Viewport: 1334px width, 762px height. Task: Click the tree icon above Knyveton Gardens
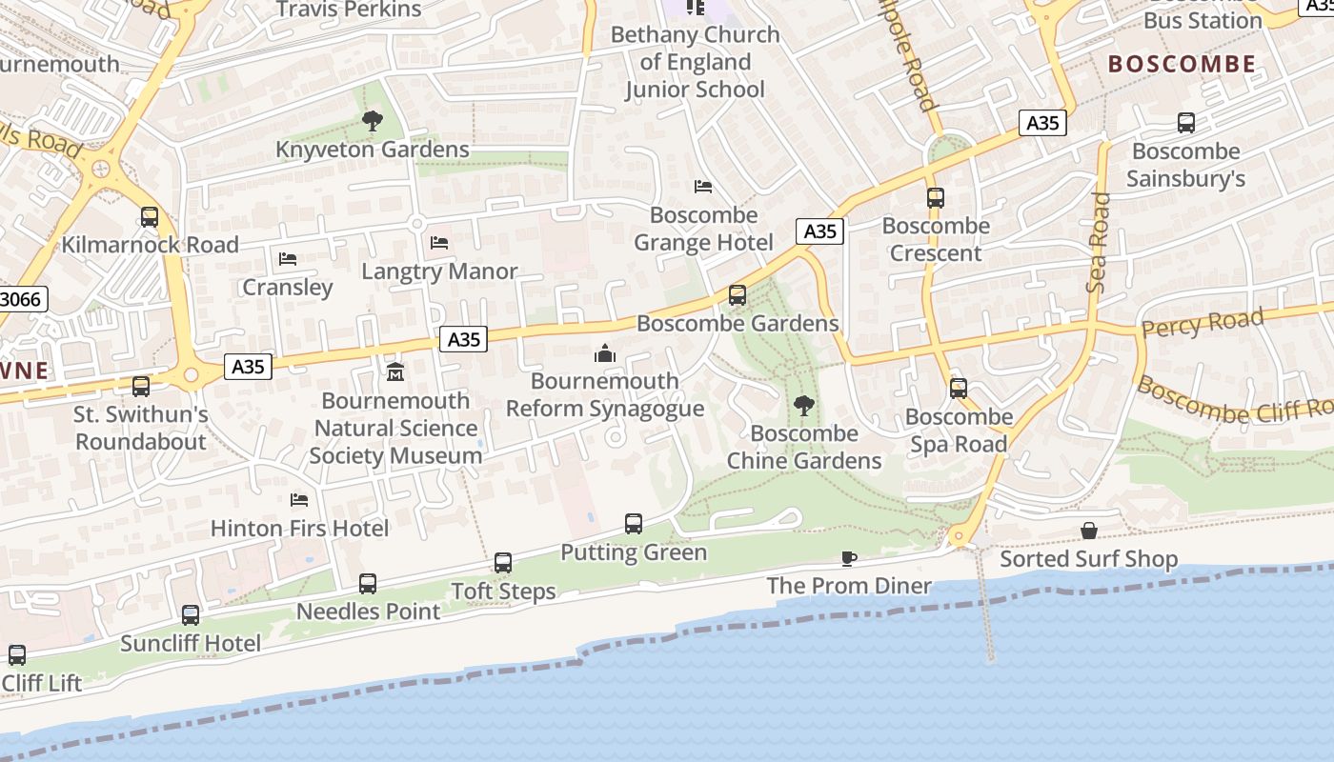[372, 121]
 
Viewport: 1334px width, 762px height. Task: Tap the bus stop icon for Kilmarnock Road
[150, 216]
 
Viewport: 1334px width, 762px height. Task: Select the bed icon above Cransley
[288, 259]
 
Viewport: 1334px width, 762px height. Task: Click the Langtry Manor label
[439, 271]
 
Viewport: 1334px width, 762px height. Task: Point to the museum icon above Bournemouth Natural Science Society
[395, 371]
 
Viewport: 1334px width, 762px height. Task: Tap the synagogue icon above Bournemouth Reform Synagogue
[604, 354]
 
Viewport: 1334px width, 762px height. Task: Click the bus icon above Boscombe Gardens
[738, 295]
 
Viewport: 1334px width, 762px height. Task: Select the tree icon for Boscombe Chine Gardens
[804, 406]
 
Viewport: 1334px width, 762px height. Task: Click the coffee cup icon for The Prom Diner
[849, 558]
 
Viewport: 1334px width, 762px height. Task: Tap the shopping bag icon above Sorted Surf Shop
[1089, 531]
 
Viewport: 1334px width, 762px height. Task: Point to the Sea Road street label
[1099, 242]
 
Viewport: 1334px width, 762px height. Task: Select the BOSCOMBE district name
[1182, 64]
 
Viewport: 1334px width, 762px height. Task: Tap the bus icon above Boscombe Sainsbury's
[1186, 123]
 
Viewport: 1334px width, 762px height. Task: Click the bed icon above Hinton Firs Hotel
[299, 500]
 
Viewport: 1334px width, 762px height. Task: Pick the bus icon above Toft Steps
[503, 563]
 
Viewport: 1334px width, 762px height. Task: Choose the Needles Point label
[369, 612]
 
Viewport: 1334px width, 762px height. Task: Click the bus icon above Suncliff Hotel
[191, 615]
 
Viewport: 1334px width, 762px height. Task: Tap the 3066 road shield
[21, 299]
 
